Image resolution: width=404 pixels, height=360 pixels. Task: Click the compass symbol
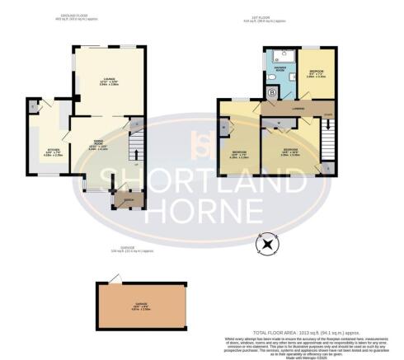click(x=267, y=244)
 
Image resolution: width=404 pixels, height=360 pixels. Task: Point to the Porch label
click(x=129, y=200)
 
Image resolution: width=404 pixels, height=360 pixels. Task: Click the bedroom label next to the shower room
click(x=317, y=72)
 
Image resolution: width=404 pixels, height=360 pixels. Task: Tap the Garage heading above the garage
click(x=121, y=250)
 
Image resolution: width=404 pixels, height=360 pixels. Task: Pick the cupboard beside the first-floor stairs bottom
click(x=329, y=168)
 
